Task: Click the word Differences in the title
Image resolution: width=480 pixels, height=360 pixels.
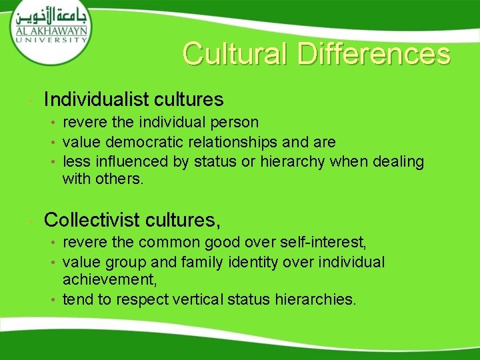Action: [374, 54]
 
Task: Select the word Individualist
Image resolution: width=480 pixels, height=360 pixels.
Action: [97, 100]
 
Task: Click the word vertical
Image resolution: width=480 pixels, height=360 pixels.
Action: [197, 299]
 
